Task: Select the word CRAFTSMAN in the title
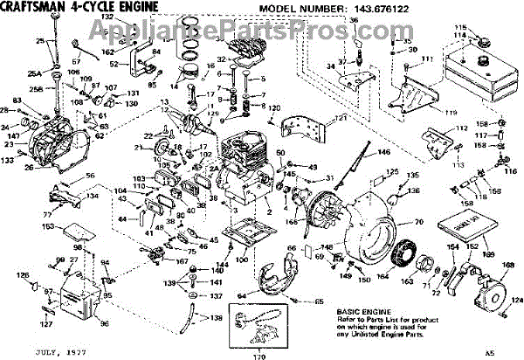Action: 36,8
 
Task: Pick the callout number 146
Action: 383,152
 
